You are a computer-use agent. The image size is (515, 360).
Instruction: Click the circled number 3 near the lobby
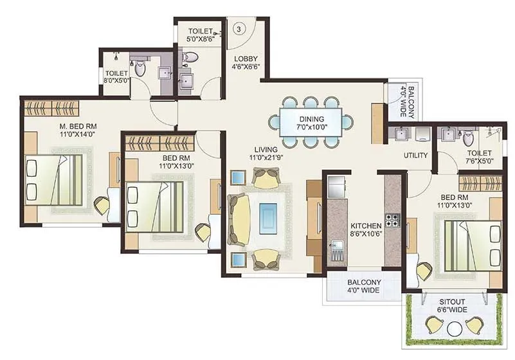(239, 29)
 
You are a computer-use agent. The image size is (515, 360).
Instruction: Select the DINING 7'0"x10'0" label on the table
(311, 123)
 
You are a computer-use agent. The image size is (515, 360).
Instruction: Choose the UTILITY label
(416, 156)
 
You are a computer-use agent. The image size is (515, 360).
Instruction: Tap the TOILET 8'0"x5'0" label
(116, 77)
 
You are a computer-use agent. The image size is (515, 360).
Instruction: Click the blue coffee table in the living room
(268, 216)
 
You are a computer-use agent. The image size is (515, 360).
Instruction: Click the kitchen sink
(335, 247)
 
